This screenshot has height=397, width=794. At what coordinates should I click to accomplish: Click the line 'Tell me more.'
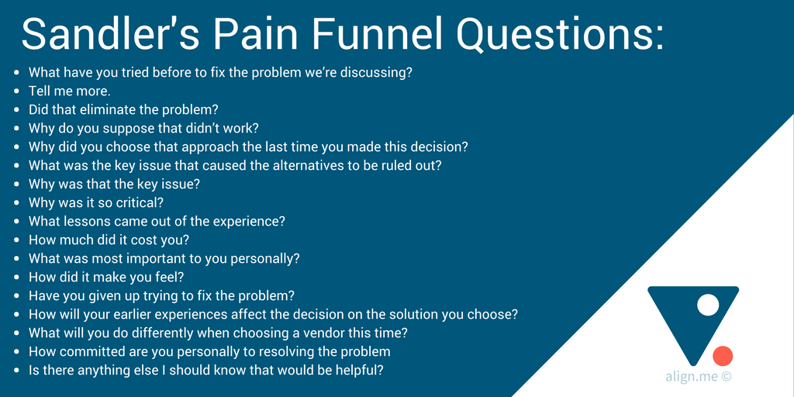point(70,91)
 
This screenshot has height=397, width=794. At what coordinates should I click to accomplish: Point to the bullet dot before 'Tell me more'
point(17,91)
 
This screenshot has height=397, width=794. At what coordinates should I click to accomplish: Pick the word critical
point(141,202)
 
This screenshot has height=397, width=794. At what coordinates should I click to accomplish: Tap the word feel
point(171,277)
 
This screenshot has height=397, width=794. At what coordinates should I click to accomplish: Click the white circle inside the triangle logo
point(707,305)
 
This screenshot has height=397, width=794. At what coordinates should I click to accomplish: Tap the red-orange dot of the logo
point(723,356)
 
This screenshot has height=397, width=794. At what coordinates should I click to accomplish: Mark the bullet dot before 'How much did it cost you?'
point(17,240)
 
